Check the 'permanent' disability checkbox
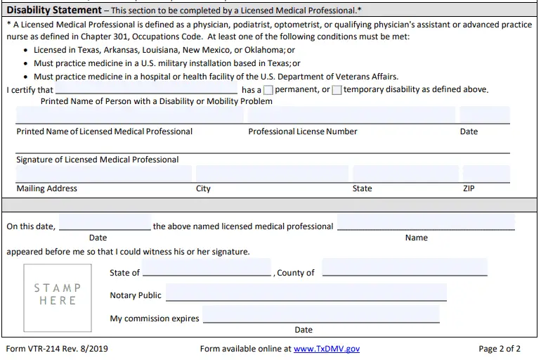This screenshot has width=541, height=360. pos(268,90)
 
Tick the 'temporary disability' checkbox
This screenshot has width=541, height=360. pos(337,90)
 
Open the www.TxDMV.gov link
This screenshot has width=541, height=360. pos(326,348)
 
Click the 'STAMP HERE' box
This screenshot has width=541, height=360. pos(58,294)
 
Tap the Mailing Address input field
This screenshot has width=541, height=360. pos(103,174)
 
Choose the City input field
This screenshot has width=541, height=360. pos(272,174)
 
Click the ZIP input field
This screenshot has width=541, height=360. pos(485,174)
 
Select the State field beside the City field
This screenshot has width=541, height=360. pos(404,174)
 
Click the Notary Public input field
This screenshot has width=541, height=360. pos(306,292)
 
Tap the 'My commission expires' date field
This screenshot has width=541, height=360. pos(320,314)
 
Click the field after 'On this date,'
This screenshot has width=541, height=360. pos(105,222)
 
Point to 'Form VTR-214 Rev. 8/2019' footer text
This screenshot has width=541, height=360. pos(57,348)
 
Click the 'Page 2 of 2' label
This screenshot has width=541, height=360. pos(500,348)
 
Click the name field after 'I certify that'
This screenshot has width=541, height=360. pos(146,89)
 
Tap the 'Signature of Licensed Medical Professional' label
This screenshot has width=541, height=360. pos(98,160)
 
